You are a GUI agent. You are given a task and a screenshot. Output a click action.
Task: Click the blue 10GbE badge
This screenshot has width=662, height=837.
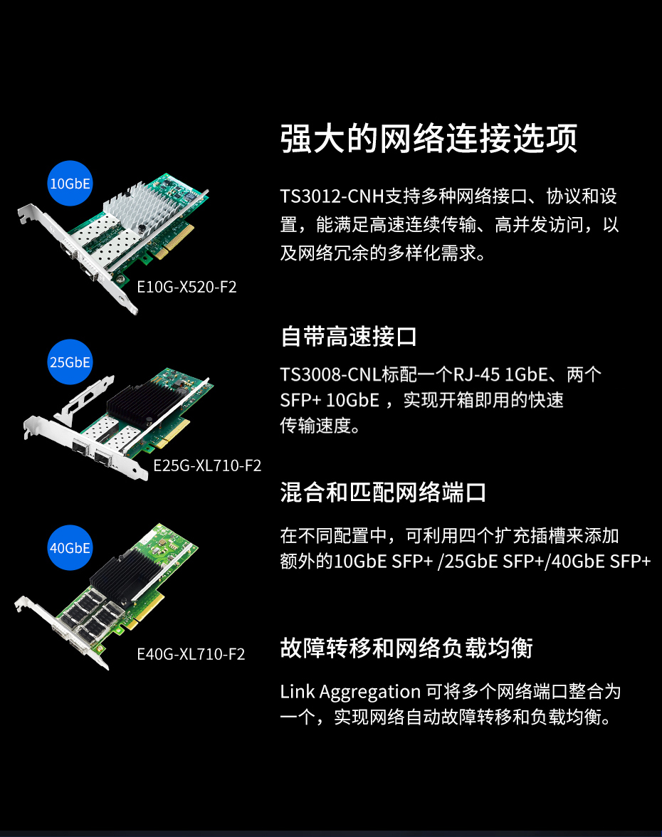point(70,183)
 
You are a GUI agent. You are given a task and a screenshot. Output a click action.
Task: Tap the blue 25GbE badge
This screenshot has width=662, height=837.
point(70,362)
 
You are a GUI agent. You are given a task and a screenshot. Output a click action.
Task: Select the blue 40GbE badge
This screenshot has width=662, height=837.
point(70,548)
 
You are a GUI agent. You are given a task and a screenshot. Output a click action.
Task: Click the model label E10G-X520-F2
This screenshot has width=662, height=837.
point(186,288)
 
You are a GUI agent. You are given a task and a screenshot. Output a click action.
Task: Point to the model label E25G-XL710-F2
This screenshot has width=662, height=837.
point(207,465)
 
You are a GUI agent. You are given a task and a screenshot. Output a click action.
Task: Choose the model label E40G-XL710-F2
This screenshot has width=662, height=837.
point(191,654)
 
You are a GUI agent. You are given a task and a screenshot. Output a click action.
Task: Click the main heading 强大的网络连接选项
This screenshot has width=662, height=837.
point(429,139)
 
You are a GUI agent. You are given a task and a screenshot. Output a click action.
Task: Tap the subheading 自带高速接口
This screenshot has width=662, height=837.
point(349,337)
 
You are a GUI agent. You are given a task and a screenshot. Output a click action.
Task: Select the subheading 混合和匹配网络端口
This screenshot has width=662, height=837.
point(383,493)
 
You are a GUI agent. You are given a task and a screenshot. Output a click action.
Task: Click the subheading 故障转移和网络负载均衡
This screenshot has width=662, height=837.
point(406,648)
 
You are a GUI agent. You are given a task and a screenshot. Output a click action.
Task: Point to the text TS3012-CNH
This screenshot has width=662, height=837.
point(332,196)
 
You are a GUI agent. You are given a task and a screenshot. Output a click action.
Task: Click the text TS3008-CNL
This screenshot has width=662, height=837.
point(330,374)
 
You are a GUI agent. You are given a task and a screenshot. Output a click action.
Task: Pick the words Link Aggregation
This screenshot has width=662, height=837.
point(350,693)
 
